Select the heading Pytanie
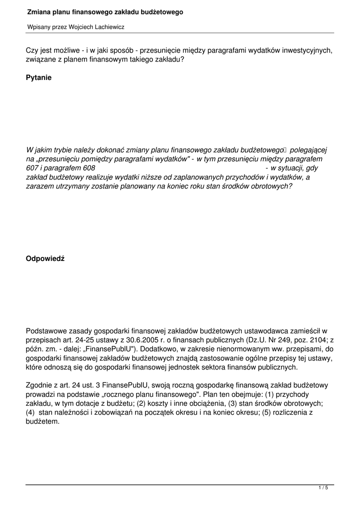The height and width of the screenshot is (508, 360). click(x=39, y=78)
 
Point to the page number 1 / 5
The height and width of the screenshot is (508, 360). click(x=323, y=488)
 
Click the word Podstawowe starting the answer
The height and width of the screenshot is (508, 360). click(x=49, y=330)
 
